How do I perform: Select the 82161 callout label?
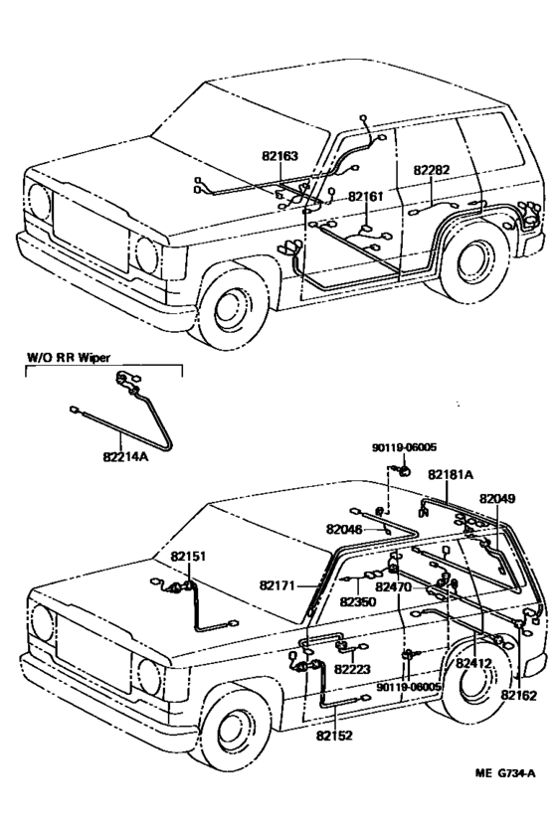[365, 197]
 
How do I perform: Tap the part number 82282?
[431, 170]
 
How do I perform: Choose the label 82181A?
[451, 475]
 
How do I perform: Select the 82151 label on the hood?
[187, 557]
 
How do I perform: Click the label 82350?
[358, 601]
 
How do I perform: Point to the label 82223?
[353, 669]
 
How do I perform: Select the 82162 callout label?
[520, 696]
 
